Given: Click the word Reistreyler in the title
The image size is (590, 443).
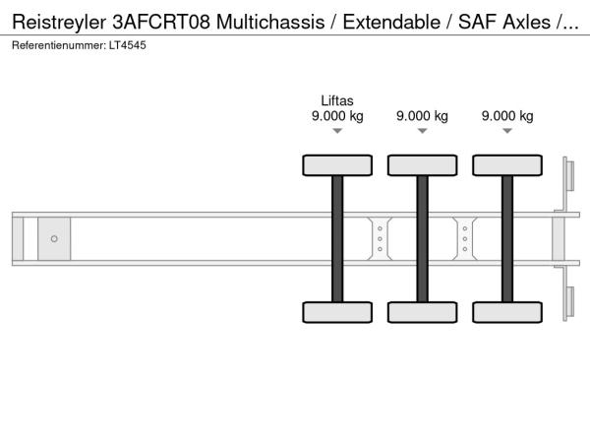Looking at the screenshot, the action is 59,23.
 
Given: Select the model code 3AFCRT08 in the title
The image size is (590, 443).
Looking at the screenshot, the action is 161,22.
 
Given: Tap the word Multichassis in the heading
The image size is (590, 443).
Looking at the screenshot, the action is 270,22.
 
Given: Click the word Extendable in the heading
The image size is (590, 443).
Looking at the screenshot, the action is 391,22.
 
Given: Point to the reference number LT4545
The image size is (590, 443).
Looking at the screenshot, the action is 128,45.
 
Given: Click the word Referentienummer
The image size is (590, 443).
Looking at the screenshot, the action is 59,45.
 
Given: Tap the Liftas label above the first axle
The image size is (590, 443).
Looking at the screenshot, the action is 337,100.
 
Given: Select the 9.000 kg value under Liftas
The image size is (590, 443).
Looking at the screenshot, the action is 337,116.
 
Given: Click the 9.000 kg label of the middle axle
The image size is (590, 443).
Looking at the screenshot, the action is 422,116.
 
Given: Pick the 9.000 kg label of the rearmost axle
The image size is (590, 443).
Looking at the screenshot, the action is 507,116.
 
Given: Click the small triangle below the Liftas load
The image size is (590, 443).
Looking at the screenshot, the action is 337,131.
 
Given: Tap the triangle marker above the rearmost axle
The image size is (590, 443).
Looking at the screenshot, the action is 507,131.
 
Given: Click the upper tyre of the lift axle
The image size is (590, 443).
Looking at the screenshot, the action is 337,165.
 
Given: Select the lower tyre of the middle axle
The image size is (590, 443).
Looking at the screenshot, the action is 423,312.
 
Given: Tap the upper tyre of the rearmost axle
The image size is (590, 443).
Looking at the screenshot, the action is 507,165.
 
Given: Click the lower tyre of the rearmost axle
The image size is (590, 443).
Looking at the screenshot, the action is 507,312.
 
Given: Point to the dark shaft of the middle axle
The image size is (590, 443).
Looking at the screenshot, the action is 423,239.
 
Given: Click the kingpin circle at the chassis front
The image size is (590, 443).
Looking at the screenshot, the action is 54,239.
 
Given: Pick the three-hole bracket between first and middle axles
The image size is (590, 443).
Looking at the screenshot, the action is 380,239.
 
